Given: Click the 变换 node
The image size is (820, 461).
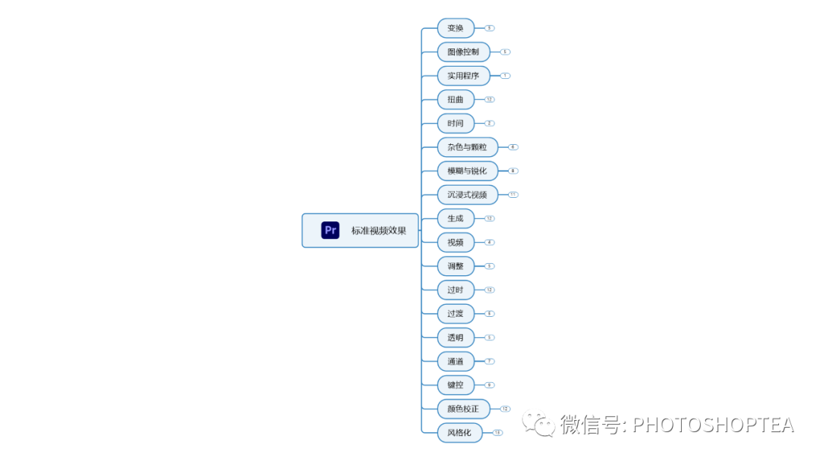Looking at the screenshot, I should tap(456, 28).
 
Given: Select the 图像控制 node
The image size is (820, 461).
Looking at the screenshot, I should tap(463, 52).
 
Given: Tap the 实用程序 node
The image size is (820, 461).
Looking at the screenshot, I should tap(463, 76).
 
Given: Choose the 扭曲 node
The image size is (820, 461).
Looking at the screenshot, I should tap(456, 99).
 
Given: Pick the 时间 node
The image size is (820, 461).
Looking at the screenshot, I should tap(456, 123).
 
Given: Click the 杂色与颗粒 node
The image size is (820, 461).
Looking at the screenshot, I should tap(467, 147).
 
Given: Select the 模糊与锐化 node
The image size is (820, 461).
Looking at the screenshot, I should tap(467, 171).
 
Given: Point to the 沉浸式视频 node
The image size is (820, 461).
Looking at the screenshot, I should tap(467, 195).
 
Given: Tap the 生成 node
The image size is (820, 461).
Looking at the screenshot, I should tap(456, 218).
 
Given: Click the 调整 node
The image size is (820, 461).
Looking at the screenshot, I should tap(456, 266).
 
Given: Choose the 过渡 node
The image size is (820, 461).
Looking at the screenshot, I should tap(456, 313).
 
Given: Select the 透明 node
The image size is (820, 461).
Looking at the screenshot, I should tap(456, 337).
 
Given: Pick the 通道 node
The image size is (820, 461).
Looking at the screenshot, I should tap(456, 361).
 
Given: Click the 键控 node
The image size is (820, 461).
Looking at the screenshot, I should tap(456, 385).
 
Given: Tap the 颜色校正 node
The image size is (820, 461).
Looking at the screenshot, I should tap(463, 409).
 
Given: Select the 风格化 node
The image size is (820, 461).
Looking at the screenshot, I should tap(459, 433).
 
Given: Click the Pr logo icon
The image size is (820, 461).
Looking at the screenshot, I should tap(330, 230).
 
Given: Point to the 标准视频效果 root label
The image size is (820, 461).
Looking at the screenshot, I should tap(379, 230).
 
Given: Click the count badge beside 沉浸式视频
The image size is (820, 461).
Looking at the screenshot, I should tap(513, 195).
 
